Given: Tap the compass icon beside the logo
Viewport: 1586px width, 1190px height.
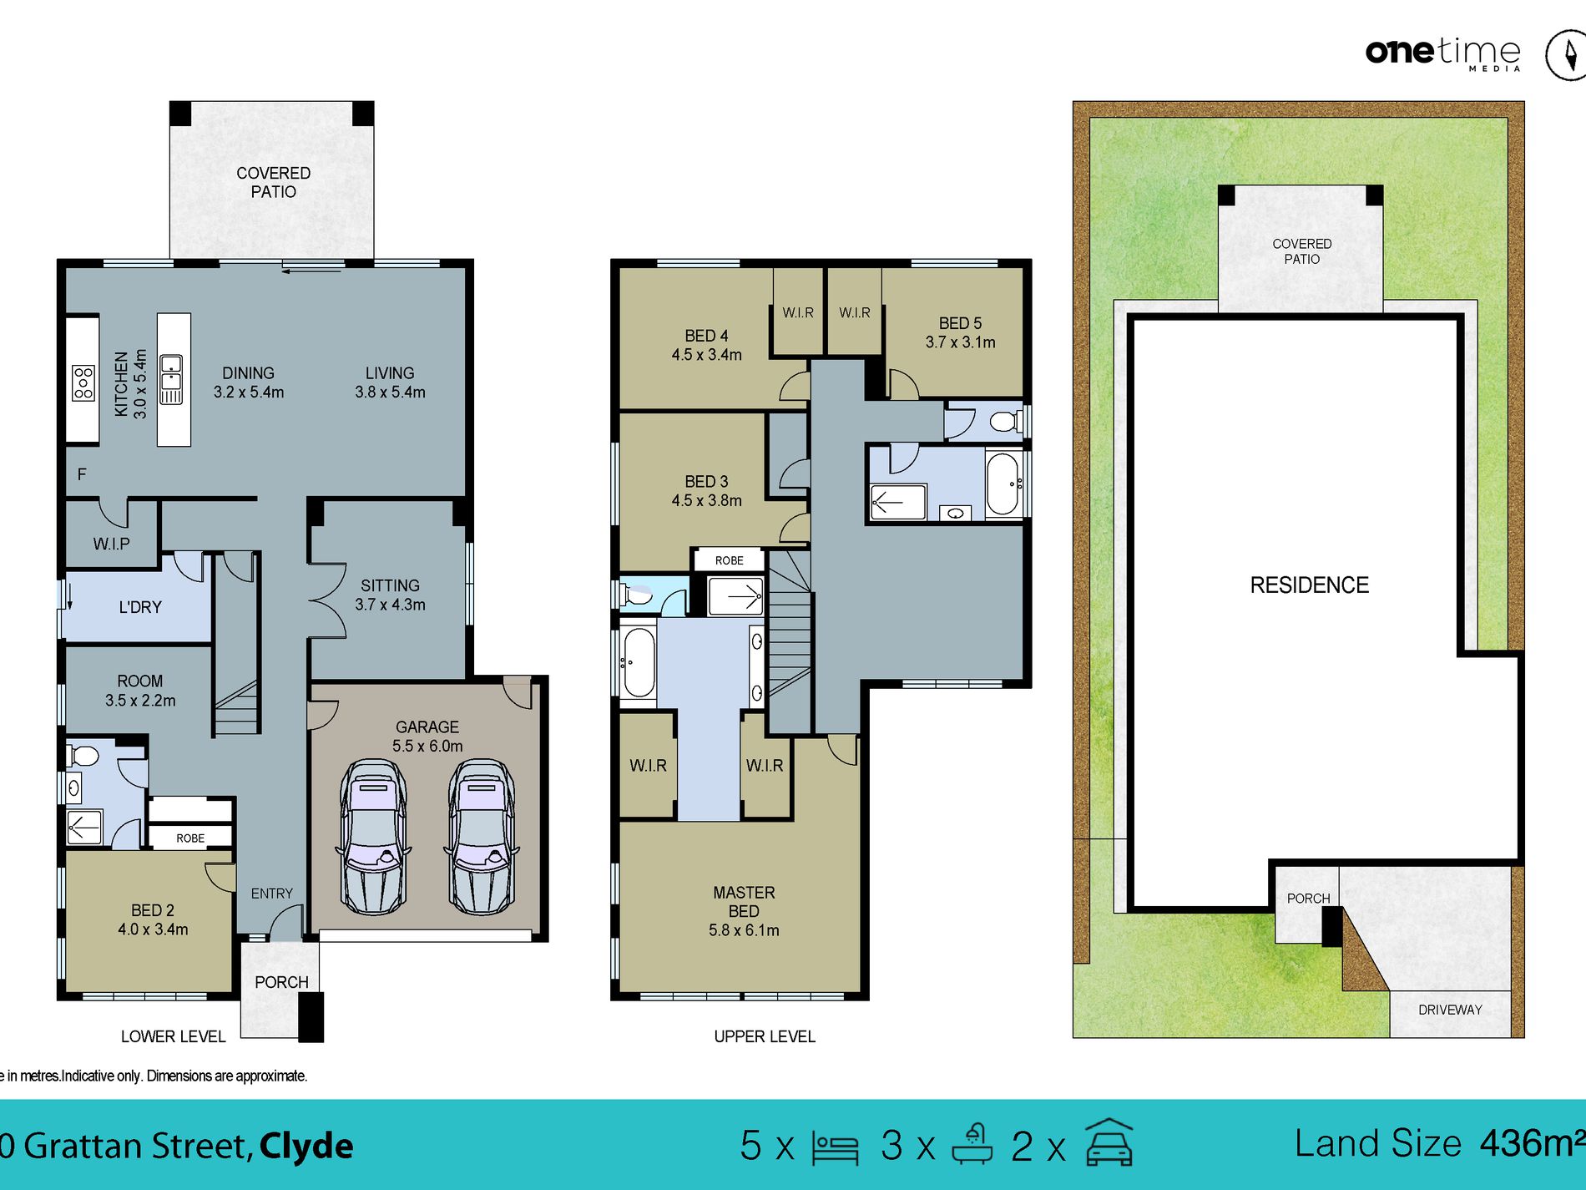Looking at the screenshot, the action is point(1567,55).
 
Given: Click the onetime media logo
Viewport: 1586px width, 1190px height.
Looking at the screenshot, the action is point(1443,53).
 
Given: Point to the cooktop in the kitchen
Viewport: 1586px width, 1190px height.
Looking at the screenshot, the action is point(83,382).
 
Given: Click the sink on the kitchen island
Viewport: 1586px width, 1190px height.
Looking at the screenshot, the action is point(171,379).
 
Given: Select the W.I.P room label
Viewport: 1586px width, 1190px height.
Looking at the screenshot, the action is point(112,544).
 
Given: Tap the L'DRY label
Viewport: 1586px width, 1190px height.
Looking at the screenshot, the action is point(140,607).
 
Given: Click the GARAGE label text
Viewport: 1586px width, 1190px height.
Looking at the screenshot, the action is point(427,727).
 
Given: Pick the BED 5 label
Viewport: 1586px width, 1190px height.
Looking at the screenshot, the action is point(960,323).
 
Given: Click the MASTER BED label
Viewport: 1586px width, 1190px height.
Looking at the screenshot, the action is point(744,902).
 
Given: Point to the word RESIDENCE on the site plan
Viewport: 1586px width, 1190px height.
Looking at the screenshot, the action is point(1310,585).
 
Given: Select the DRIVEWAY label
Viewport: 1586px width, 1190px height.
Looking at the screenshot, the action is point(1450,1010).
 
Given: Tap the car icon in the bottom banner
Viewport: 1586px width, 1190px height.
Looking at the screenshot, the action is point(1109,1142).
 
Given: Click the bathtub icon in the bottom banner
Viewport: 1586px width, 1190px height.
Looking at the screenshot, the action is point(973,1143).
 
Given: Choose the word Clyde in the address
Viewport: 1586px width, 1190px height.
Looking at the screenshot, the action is point(306,1147).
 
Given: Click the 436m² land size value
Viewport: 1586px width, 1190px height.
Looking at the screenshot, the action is point(1532,1143).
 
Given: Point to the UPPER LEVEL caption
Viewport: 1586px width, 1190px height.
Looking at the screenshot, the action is point(765,1036).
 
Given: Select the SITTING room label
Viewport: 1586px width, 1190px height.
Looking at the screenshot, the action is point(390,585).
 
